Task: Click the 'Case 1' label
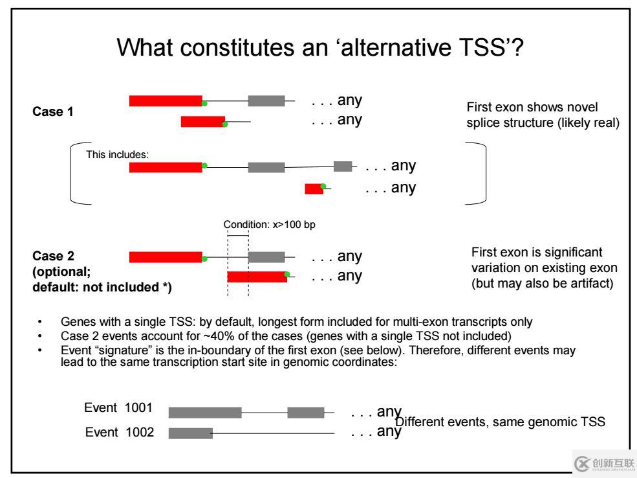53,111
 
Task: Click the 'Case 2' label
53,256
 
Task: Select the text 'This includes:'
118,155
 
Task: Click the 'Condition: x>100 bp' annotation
269,225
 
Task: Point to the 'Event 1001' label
118,407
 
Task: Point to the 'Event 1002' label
120,432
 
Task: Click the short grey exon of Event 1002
191,433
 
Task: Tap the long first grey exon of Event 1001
205,413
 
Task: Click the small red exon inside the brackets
314,188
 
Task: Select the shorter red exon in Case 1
202,122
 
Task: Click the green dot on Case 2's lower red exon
287,274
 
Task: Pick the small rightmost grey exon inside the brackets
343,166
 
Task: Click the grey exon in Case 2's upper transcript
266,257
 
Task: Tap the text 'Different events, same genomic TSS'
500,422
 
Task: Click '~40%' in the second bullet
219,336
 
